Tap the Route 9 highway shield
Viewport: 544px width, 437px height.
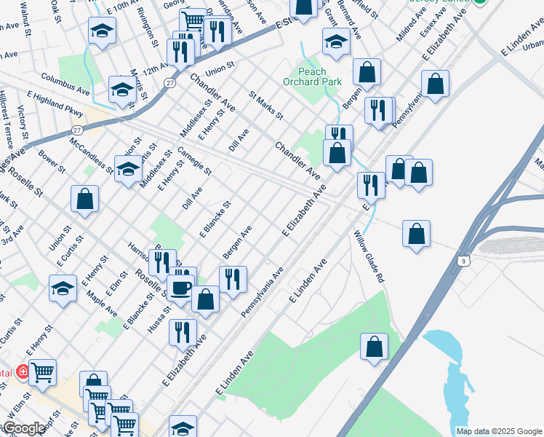(463, 259)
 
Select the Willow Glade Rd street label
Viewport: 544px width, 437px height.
(369, 256)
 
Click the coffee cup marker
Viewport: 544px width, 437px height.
(181, 288)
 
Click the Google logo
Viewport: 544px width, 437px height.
(23, 429)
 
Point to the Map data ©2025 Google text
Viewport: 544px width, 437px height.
(499, 431)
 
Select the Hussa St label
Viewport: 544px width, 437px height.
(159, 318)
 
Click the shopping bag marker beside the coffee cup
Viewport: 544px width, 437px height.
(206, 299)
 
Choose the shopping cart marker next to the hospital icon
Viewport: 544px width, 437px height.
(43, 372)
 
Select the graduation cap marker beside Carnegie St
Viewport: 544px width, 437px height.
(128, 170)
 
